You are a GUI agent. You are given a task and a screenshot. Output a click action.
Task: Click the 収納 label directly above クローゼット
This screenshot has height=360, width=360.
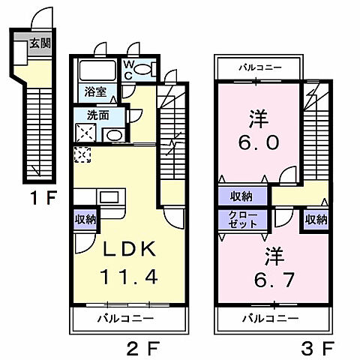pyautogui.click(x=241, y=196)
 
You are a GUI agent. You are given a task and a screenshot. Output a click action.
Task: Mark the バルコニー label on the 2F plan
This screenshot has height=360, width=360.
pyautogui.click(x=126, y=318)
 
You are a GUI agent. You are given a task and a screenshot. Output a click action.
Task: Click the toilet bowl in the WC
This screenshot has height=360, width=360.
pyautogui.click(x=144, y=70)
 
